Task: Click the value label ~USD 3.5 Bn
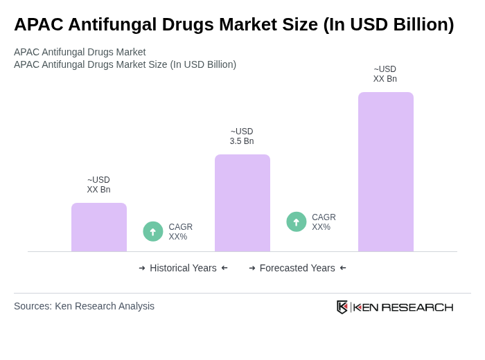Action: click(x=242, y=136)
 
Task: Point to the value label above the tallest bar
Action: click(x=385, y=74)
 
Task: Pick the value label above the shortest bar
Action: click(x=98, y=185)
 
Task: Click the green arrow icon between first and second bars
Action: click(x=153, y=232)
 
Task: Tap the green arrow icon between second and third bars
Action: click(x=297, y=222)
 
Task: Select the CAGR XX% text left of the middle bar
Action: click(x=180, y=232)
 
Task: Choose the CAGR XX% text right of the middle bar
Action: click(x=324, y=222)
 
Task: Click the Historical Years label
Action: click(x=183, y=268)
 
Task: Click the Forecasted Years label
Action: click(x=297, y=268)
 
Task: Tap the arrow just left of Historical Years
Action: click(x=142, y=268)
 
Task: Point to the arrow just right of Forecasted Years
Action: click(x=343, y=268)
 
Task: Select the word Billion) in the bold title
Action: click(x=418, y=24)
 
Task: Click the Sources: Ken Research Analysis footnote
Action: click(x=84, y=306)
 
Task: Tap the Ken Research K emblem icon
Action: click(x=342, y=307)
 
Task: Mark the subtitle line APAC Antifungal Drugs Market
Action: click(x=80, y=52)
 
